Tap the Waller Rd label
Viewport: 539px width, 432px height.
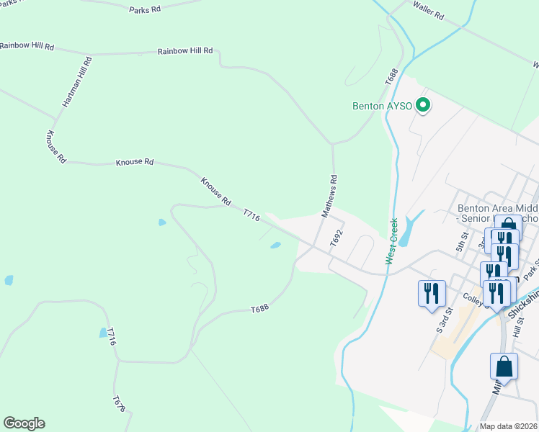(x=428, y=9)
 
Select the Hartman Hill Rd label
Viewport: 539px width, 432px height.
(x=75, y=82)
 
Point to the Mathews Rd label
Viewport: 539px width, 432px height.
(x=329, y=195)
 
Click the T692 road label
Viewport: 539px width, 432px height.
(x=335, y=239)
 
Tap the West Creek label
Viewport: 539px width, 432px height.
(x=391, y=240)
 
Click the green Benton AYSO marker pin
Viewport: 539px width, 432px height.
(x=424, y=106)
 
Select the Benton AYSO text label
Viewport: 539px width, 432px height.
(x=382, y=106)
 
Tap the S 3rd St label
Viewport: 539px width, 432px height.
(x=442, y=321)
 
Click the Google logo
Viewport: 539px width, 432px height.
(x=24, y=423)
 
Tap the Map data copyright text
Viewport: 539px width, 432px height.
(x=508, y=426)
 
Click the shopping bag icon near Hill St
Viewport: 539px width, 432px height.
(x=504, y=366)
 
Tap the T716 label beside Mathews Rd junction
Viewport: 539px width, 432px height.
(x=251, y=215)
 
